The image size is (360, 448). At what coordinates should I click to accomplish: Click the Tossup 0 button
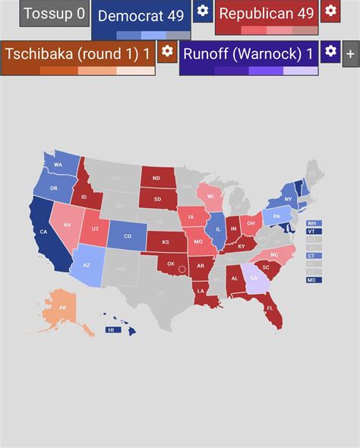(x=54, y=14)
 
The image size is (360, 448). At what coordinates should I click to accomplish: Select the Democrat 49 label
(x=141, y=16)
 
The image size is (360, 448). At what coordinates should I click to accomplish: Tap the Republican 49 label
(x=266, y=14)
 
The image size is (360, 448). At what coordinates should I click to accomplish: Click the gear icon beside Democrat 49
(x=202, y=11)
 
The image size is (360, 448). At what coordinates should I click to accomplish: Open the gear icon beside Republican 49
(x=330, y=11)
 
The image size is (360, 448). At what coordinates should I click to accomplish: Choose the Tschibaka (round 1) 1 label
(x=77, y=54)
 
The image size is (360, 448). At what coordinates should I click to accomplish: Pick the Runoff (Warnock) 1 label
(x=248, y=54)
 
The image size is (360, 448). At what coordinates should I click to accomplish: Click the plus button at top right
(x=350, y=54)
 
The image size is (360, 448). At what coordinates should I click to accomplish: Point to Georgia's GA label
(x=254, y=278)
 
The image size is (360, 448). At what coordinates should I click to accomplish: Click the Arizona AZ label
(x=86, y=265)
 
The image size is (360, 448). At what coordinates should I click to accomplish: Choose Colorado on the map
(x=127, y=236)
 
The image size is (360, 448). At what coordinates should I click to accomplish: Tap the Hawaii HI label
(x=111, y=330)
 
